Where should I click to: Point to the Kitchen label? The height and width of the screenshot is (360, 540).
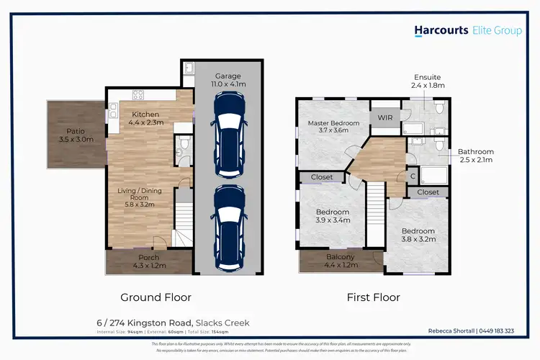(145, 119)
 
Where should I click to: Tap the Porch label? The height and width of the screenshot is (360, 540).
(148, 261)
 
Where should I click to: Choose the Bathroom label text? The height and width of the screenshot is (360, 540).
(476, 156)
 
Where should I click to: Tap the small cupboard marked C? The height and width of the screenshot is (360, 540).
(412, 175)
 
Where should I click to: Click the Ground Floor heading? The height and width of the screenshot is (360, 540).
(150, 297)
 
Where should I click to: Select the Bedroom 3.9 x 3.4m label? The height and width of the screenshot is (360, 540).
(332, 216)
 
